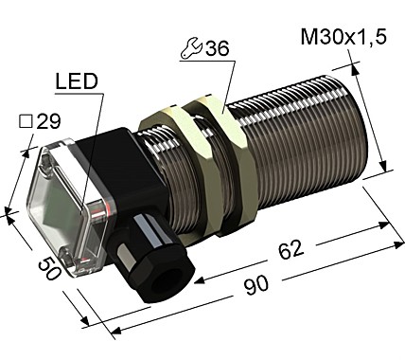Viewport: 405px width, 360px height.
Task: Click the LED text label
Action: click(77, 82)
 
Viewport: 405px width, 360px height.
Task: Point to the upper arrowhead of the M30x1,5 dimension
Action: click(353, 65)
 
